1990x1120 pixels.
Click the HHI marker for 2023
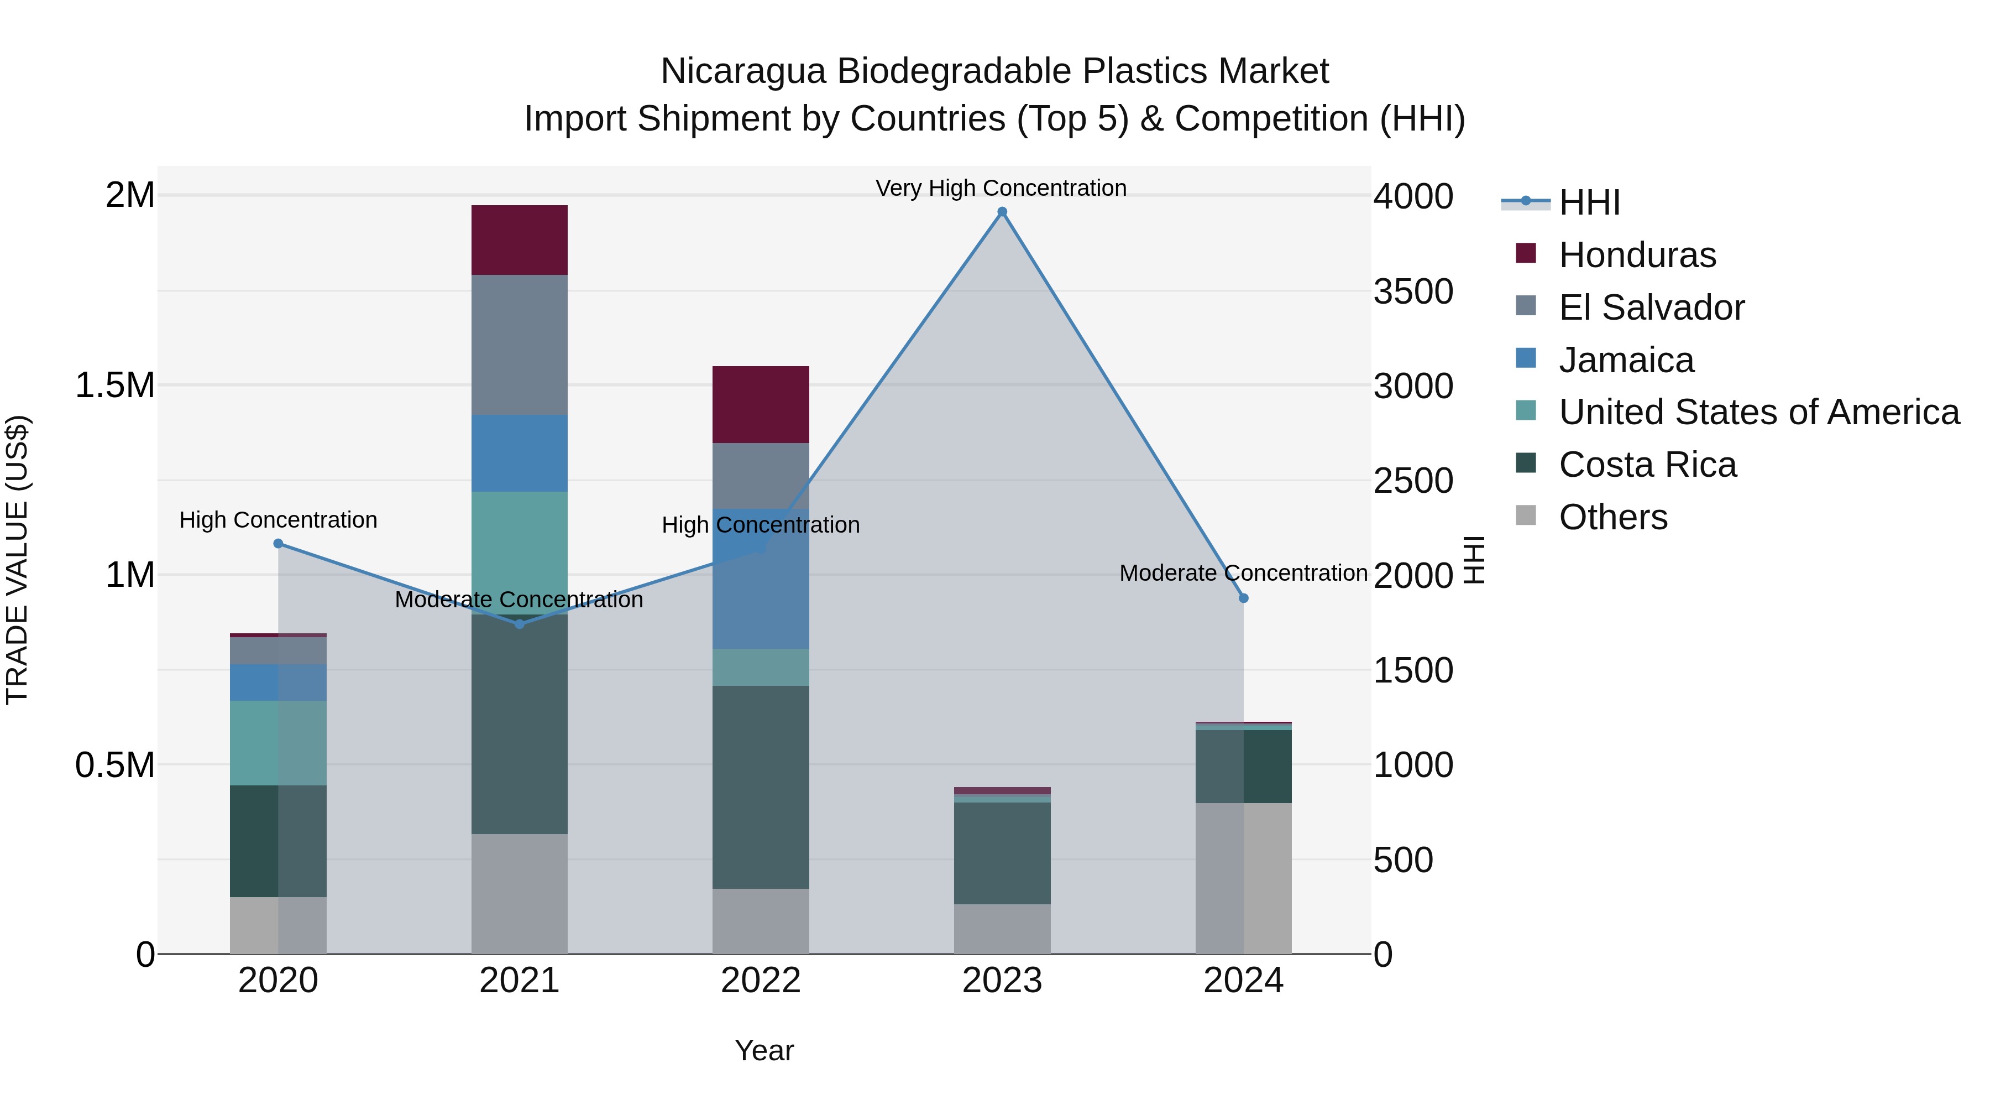(1002, 212)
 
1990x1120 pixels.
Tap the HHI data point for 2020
(278, 543)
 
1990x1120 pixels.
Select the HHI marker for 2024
(1244, 598)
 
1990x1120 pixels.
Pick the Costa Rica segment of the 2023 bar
(1002, 853)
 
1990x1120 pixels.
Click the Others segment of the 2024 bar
(1244, 878)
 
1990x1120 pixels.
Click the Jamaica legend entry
(1625, 360)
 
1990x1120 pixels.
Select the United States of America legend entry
(1758, 412)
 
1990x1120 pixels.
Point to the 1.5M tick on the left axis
(115, 385)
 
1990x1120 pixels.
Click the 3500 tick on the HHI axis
(1413, 291)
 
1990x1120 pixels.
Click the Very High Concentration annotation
(1001, 188)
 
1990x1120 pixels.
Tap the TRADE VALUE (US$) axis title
(17, 560)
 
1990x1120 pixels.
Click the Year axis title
(764, 1050)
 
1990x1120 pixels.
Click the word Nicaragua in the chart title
(742, 71)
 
